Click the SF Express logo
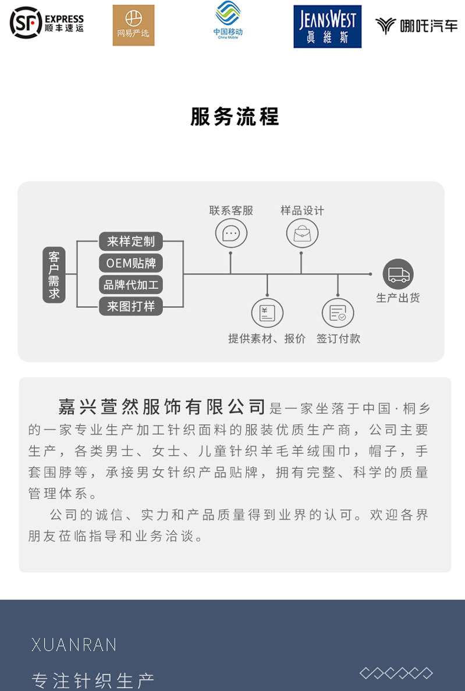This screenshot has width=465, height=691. point(47,23)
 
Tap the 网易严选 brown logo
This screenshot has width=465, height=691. point(133,25)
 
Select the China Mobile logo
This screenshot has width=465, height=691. point(228,21)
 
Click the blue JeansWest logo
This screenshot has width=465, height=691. point(327,26)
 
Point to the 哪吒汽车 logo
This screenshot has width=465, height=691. point(416,26)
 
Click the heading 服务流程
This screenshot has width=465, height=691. point(235,116)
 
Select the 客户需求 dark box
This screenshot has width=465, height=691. point(54,274)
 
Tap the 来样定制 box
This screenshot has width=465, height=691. point(130,241)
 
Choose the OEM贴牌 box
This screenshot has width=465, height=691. point(130,263)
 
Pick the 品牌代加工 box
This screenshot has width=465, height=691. point(130,285)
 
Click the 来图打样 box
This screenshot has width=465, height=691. point(130,306)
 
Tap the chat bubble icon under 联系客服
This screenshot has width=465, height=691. point(231,234)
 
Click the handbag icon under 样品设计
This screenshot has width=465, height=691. point(302,234)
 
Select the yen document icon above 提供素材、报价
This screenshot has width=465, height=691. point(267,313)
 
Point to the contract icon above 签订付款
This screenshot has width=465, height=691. point(338,313)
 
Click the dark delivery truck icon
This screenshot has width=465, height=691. point(398,274)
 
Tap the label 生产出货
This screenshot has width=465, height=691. point(398,298)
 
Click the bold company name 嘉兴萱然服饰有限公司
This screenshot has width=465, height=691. point(162,406)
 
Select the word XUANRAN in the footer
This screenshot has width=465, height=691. point(74,644)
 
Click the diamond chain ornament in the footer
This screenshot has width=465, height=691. point(396,673)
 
